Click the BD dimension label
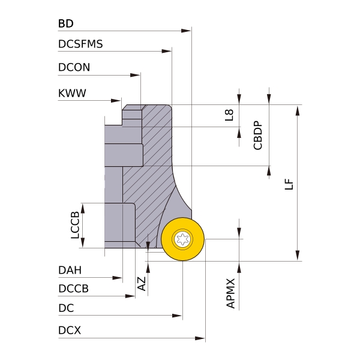click(66, 24)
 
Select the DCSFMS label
click(80, 44)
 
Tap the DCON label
click(74, 67)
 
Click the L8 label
click(229, 115)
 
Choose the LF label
click(289, 184)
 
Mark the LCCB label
click(75, 225)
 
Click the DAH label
click(70, 270)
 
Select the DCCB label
click(74, 289)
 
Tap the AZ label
click(142, 284)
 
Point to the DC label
click(66, 308)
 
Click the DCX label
click(70, 331)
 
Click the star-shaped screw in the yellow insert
click(183, 239)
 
